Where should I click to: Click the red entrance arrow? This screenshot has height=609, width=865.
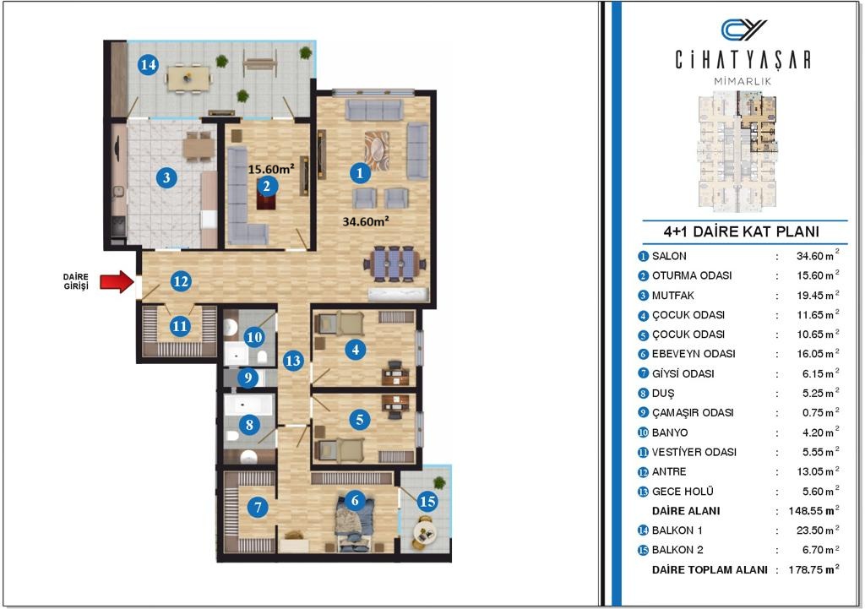click(x=117, y=282)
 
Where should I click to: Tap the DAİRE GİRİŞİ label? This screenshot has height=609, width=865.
click(x=76, y=281)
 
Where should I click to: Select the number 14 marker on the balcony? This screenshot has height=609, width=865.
click(x=148, y=65)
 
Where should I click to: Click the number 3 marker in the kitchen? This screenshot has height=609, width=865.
click(x=166, y=177)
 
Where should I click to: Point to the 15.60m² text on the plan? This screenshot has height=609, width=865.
click(x=271, y=169)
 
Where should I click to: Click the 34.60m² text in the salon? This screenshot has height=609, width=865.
click(x=366, y=222)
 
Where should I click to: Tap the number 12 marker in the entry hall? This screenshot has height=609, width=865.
click(x=181, y=281)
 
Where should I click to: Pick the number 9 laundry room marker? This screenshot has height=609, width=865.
click(x=248, y=378)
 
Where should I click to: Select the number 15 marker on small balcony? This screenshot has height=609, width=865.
click(x=427, y=502)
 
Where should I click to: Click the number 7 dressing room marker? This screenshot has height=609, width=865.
click(x=258, y=507)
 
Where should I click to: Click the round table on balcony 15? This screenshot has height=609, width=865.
click(x=425, y=533)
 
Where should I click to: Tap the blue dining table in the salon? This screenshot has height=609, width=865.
click(x=394, y=264)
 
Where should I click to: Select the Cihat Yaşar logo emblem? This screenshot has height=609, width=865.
click(x=743, y=30)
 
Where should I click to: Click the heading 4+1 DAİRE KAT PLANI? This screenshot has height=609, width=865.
click(x=742, y=231)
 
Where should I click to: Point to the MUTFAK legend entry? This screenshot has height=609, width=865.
click(x=673, y=296)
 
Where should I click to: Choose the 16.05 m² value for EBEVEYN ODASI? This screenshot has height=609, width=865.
click(x=818, y=354)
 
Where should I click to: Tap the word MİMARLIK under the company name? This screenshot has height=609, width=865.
click(x=743, y=81)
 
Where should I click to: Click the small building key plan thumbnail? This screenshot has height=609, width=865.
click(x=738, y=152)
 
